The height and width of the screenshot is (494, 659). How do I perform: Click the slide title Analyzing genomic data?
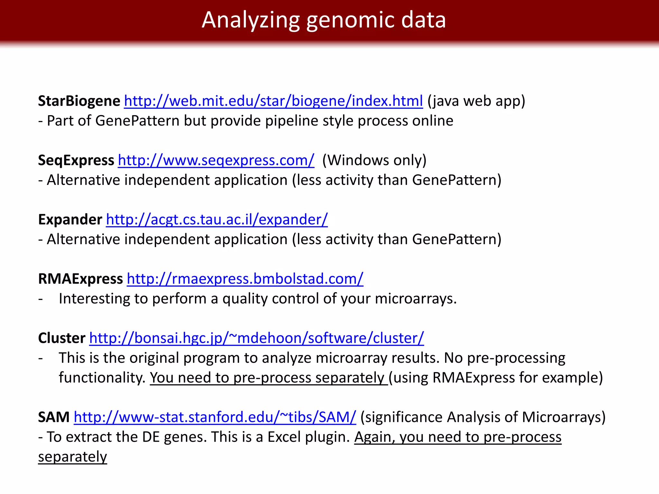coord(324,20)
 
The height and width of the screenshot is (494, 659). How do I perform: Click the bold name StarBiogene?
coord(79,101)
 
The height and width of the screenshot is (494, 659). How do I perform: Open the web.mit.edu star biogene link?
coord(273,101)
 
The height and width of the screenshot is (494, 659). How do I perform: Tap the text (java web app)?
coord(476,101)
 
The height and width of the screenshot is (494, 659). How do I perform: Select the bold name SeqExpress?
coord(76,160)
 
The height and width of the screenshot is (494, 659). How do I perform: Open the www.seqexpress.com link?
coord(216,160)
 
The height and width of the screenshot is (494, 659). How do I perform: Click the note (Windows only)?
coord(374,160)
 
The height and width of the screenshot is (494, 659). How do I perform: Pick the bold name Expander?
coord(70,220)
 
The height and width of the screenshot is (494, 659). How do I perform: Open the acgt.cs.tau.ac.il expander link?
coord(217,220)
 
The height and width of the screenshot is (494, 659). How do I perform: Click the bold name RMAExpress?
coord(80,279)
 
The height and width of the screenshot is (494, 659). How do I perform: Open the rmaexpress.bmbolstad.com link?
coord(245,279)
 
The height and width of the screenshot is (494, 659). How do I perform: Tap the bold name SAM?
coord(54,417)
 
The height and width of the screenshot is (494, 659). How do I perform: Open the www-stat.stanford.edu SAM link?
coord(215,417)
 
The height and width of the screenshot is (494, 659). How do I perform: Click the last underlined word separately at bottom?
coord(72,457)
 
